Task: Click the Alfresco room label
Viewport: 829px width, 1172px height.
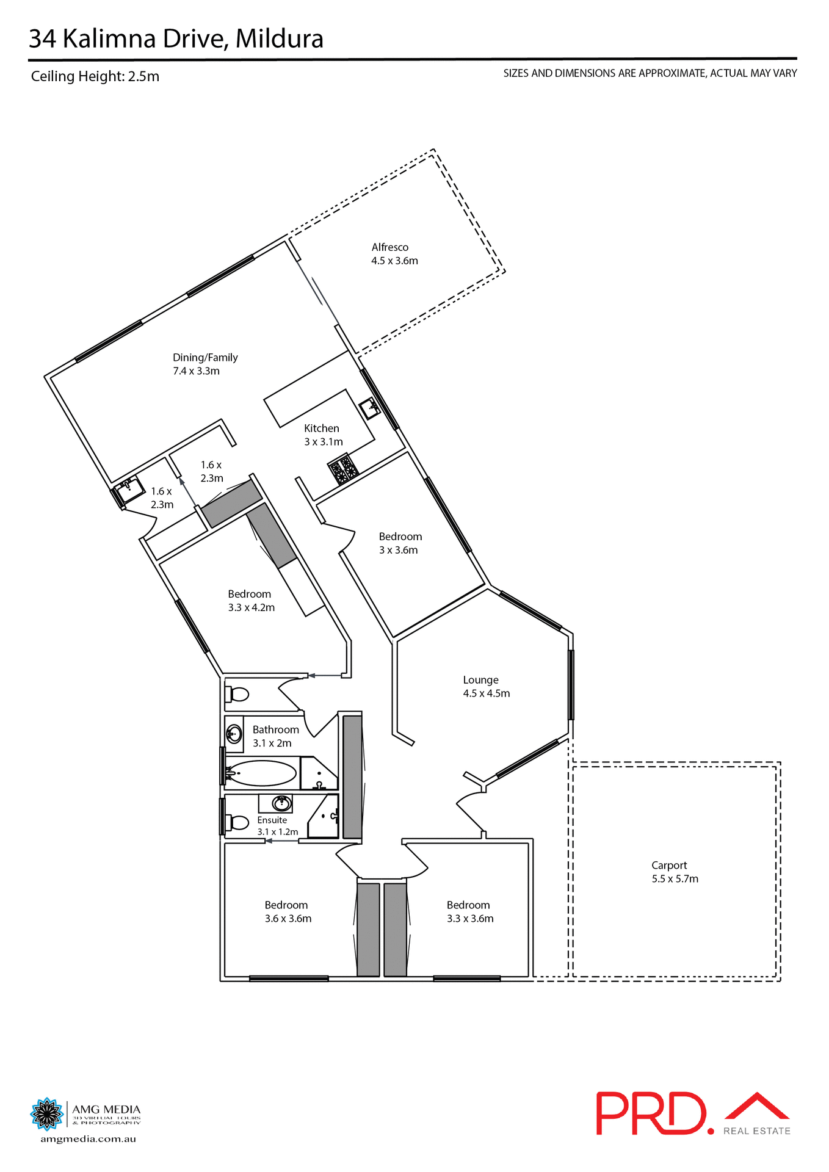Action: (394, 254)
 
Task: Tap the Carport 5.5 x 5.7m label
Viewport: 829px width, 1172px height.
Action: (674, 872)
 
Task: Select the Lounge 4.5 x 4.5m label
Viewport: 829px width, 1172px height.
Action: (486, 687)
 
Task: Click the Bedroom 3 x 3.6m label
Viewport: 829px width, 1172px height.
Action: (400, 543)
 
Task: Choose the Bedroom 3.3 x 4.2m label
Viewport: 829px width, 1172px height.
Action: (250, 601)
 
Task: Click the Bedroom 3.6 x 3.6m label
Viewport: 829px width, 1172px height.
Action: (287, 912)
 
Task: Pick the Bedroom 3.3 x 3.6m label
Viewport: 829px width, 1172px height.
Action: (469, 912)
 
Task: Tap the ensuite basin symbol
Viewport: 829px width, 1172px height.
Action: (281, 803)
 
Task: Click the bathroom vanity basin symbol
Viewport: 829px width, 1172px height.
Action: (234, 734)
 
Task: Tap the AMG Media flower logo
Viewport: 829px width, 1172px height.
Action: (46, 1114)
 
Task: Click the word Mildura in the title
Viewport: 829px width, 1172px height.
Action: (279, 39)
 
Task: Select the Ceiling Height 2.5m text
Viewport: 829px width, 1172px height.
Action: (95, 77)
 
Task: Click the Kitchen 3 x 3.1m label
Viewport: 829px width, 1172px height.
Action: (323, 435)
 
